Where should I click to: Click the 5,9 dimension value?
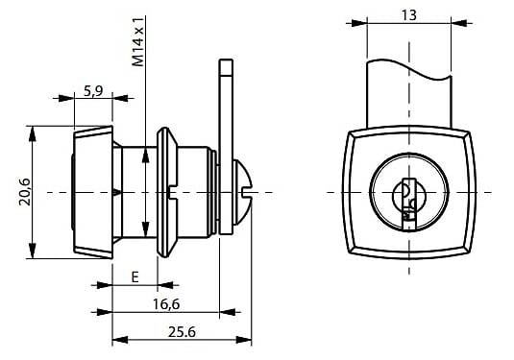point(93,90)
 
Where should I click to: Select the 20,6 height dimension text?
point(25,192)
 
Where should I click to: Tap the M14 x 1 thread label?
point(138,42)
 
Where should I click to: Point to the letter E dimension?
point(135,277)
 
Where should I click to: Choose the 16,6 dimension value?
point(166,304)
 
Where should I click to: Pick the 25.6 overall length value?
point(182,332)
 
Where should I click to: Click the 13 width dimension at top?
point(408,15)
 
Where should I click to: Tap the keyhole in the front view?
point(408,204)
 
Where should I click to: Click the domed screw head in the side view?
point(242,193)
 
